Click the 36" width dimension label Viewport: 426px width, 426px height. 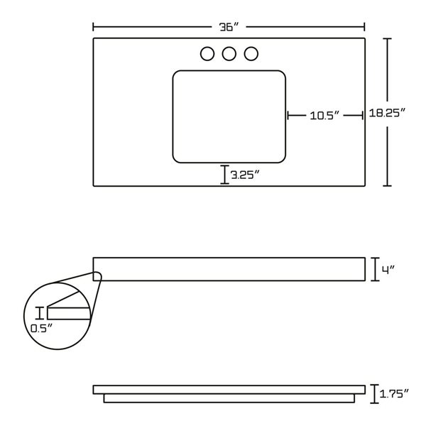point(229,27)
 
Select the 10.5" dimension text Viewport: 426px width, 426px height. point(324,116)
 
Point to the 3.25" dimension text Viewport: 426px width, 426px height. point(246,175)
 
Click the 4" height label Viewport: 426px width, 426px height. point(388,270)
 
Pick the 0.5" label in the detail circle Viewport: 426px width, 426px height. point(41,329)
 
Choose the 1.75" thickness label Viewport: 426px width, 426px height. point(394,393)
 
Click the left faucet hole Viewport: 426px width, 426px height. point(207,54)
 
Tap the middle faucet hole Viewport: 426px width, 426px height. point(229,54)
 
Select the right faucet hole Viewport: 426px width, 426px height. point(251,54)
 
